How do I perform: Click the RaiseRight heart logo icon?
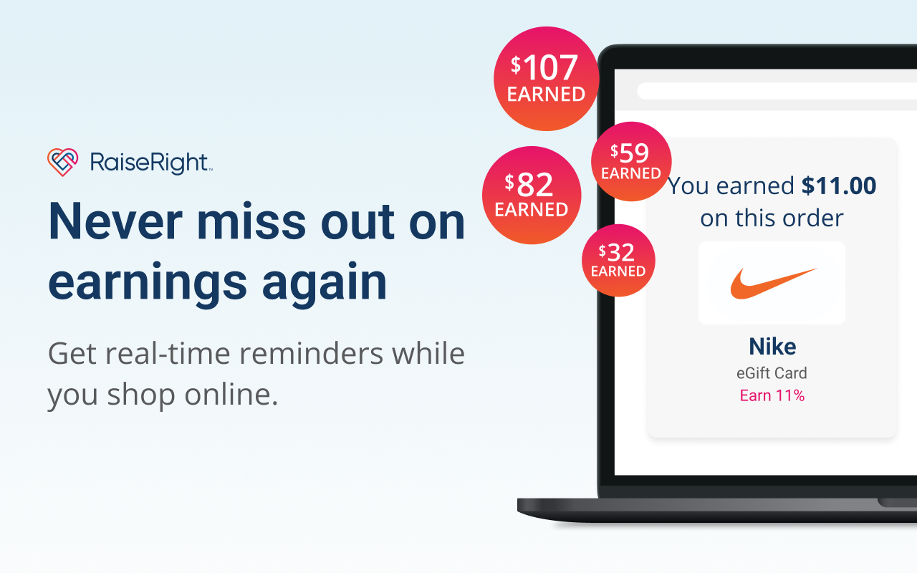62,162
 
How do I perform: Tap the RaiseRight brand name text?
150,163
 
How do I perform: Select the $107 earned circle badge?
546,79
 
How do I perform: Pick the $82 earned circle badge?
532,196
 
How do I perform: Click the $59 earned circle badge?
631,161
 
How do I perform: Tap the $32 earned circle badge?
618,260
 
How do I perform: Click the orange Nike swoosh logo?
773,283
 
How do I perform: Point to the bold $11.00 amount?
839,186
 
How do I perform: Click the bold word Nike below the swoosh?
772,347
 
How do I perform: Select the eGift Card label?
772,373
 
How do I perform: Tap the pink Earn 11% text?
772,395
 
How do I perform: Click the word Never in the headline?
115,221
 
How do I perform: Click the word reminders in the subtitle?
311,353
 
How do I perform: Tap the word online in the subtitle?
231,395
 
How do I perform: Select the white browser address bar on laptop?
777,91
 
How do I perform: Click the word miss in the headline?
251,221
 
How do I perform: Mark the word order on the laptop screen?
812,218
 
